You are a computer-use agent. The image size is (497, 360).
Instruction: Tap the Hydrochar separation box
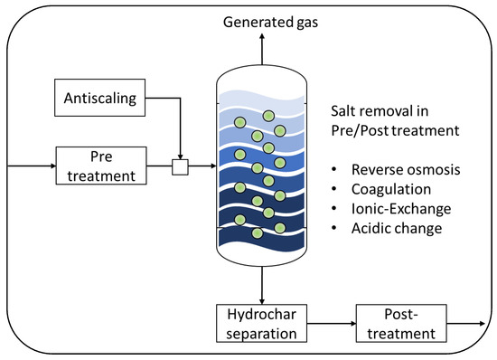(x=261, y=322)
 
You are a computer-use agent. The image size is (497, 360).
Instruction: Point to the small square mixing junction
(x=179, y=166)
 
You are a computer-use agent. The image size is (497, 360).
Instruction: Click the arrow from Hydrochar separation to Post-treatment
(x=330, y=322)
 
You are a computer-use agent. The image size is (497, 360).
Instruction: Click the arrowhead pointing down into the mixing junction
(x=179, y=155)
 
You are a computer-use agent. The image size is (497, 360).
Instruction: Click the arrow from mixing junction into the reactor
(x=201, y=166)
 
